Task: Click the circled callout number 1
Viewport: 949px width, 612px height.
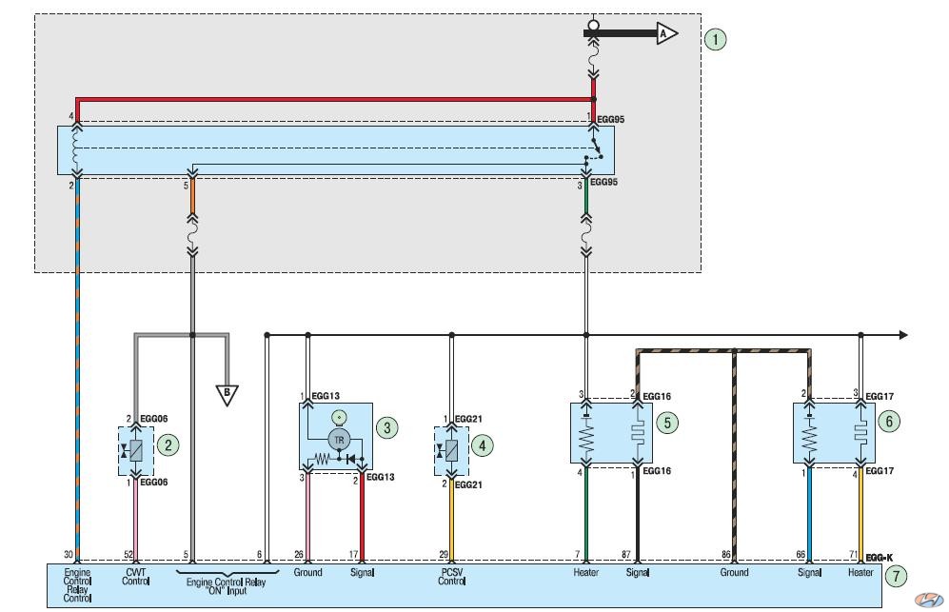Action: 716,39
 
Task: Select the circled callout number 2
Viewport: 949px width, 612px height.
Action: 168,445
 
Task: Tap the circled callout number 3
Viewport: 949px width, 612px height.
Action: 386,428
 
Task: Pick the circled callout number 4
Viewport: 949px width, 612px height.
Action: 483,446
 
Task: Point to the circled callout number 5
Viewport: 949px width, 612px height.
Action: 667,423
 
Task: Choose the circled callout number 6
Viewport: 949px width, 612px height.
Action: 889,422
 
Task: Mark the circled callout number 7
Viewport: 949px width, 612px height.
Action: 897,576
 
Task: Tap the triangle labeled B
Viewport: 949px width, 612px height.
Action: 227,394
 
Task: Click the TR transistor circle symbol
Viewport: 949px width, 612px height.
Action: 339,440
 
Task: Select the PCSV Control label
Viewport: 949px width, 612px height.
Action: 451,576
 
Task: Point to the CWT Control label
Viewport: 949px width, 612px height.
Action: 135,576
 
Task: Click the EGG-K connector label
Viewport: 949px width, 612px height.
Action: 880,558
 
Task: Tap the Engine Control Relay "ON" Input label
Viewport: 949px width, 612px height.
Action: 226,586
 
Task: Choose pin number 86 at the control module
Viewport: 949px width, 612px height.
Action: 726,554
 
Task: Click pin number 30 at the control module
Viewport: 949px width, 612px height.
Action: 69,554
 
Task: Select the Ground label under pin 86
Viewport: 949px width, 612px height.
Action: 734,572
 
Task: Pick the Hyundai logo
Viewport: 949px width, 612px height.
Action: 928,600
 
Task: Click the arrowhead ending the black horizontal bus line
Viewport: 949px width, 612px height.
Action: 903,335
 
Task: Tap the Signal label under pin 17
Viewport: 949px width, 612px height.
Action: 362,572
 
